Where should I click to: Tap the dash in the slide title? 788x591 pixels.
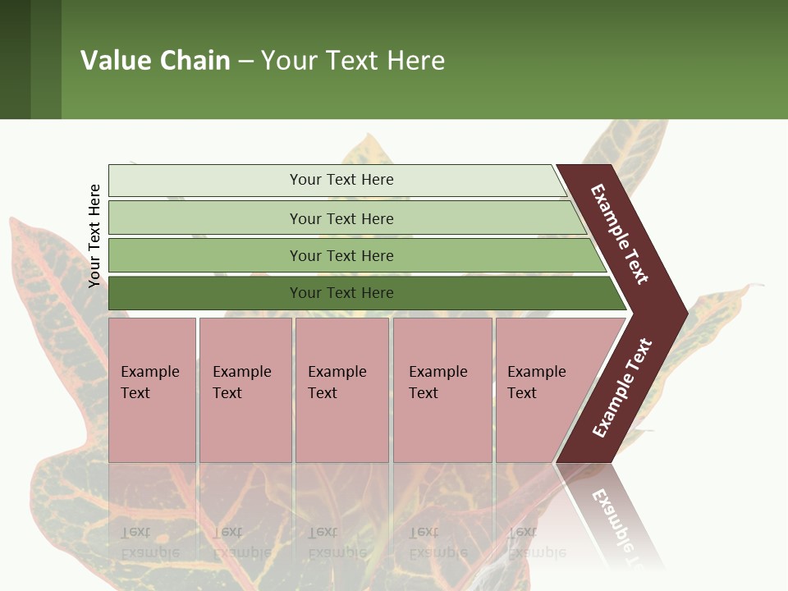(x=245, y=62)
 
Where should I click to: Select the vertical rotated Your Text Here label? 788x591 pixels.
(x=94, y=236)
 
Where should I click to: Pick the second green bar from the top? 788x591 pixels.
(x=341, y=218)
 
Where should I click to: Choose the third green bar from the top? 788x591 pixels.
(x=341, y=255)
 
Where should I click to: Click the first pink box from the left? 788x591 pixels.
(x=152, y=389)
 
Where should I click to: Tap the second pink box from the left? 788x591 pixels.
(x=245, y=389)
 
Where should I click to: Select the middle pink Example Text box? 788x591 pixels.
(x=341, y=389)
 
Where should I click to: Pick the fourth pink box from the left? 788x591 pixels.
(x=442, y=389)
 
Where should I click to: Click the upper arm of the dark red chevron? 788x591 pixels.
(x=621, y=235)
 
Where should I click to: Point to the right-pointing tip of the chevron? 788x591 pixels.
(x=683, y=312)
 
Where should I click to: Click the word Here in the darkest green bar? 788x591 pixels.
(x=377, y=293)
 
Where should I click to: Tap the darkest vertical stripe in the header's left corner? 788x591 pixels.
(x=15, y=59)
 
